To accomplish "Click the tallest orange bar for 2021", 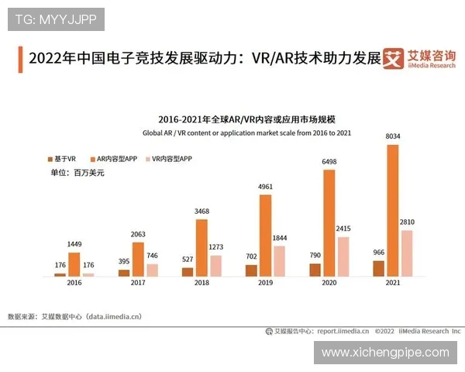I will [x=393, y=210].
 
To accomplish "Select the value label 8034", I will [x=393, y=137].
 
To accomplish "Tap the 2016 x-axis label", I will [x=74, y=284].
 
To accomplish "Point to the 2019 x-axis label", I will [x=265, y=284].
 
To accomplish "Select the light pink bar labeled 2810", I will [x=407, y=253].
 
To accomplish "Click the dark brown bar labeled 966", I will [x=378, y=268].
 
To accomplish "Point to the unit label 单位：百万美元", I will [x=77, y=173].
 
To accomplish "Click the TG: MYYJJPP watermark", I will [x=56, y=19].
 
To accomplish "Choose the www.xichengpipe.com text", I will [x=385, y=353].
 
